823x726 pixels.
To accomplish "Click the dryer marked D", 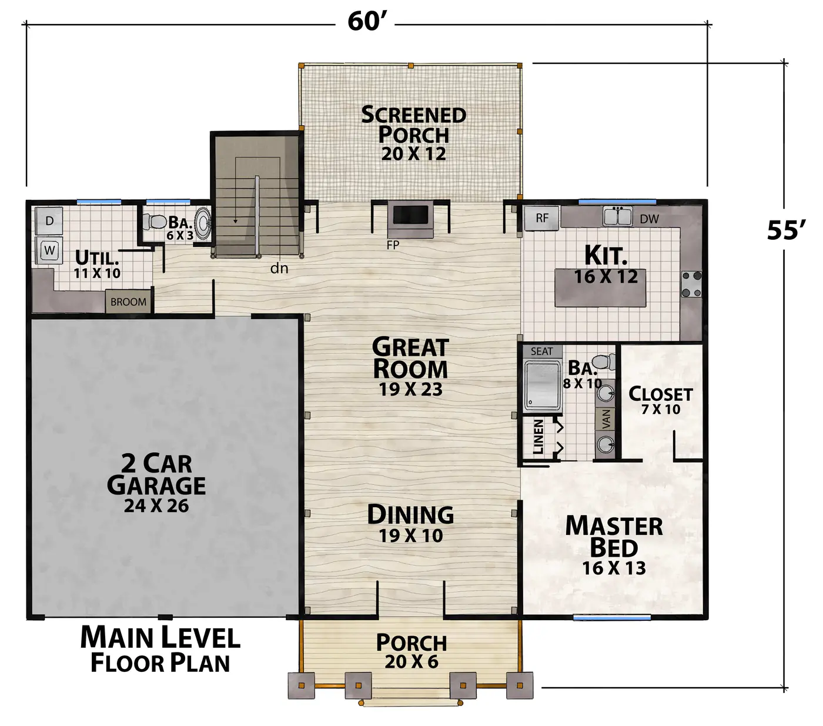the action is point(49,220).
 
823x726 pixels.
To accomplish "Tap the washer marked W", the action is point(49,250).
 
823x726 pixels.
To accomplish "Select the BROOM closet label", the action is point(128,302).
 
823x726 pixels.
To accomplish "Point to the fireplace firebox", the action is point(411,215).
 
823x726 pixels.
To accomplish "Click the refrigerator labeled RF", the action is point(542,218).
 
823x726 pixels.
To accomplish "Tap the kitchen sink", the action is point(617,216).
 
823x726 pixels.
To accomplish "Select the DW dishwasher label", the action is point(649,219).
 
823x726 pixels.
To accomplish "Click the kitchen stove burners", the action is point(692,284).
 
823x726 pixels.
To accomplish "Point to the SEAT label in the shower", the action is point(541,351).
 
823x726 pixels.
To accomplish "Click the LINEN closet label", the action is point(538,437).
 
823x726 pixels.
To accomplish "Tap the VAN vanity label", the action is point(607,419).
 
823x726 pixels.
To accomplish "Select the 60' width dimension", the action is point(365,21).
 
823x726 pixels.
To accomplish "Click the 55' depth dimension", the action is point(786,230).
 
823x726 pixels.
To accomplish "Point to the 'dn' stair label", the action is point(279,268).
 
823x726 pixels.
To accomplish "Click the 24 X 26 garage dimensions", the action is point(156,506).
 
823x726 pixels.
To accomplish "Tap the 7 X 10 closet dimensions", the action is point(661,409).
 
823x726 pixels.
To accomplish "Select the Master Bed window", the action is point(612,617).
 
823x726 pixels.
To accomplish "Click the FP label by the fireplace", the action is point(393,245).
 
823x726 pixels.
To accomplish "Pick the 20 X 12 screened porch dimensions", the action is point(413,153).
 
